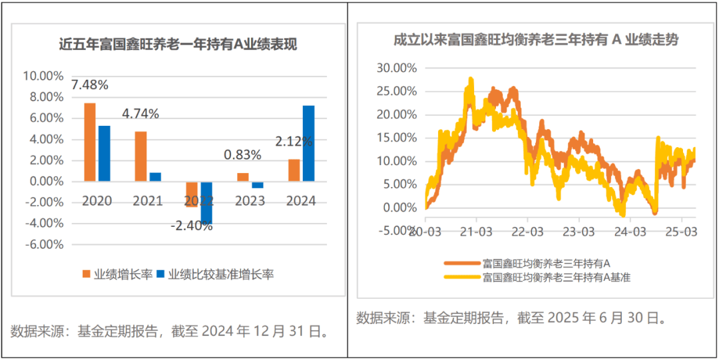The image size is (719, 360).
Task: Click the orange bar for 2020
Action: [90, 142]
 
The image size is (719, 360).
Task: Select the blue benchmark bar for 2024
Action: [308, 143]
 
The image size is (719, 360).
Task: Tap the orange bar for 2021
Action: [140, 156]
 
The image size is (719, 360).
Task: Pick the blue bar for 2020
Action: [105, 153]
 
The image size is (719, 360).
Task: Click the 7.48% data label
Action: [90, 85]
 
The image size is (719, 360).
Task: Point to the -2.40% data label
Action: [191, 226]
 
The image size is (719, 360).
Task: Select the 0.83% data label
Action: [242, 155]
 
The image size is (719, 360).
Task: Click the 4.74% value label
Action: [140, 114]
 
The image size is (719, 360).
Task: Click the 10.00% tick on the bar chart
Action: [43, 76]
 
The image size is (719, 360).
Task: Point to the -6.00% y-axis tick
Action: [43, 244]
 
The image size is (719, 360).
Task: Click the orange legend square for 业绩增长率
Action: [85, 274]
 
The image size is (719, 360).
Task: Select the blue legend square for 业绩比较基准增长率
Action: [160, 274]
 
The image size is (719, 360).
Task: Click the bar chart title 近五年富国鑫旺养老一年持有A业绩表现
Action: [178, 45]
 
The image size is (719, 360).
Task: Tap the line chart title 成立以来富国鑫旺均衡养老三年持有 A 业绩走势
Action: [536, 40]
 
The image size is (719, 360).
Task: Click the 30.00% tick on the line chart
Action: [396, 68]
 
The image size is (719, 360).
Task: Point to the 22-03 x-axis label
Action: [527, 232]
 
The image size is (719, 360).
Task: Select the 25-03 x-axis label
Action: [682, 232]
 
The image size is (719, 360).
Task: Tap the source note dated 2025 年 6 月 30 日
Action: [511, 317]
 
